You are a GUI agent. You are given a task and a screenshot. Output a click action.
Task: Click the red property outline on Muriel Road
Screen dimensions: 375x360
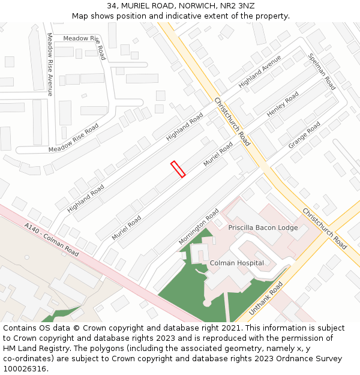(x=178, y=169)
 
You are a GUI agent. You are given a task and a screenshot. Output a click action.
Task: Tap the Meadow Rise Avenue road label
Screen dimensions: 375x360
(x=50, y=64)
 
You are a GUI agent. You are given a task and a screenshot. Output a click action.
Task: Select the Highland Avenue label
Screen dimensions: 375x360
(x=260, y=71)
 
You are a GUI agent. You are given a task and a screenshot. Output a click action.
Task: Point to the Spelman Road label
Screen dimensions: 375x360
(x=322, y=71)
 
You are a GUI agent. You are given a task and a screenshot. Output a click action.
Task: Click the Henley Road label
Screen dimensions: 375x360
(x=283, y=105)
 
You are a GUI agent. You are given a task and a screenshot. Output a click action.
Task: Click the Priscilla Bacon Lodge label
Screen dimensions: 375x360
(x=263, y=228)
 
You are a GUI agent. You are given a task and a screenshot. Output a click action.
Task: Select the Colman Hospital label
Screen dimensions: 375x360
(x=236, y=263)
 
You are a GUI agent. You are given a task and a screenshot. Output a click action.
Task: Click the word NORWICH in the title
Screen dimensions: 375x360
(x=185, y=5)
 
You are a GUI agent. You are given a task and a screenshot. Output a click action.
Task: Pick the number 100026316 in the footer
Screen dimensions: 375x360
(x=25, y=368)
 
